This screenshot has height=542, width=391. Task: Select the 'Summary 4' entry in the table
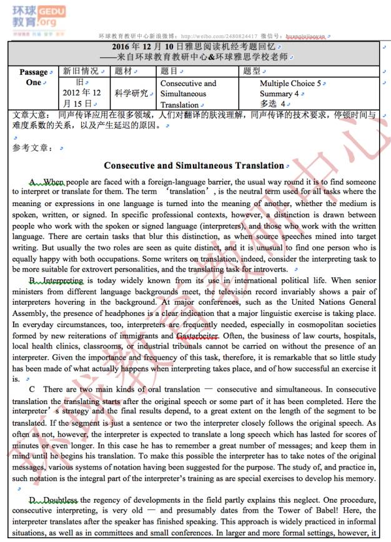click(279, 93)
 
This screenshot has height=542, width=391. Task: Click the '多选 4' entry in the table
click(275, 103)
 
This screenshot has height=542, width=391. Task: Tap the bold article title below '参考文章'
click(194, 165)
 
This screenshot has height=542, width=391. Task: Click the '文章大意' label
click(29, 115)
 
